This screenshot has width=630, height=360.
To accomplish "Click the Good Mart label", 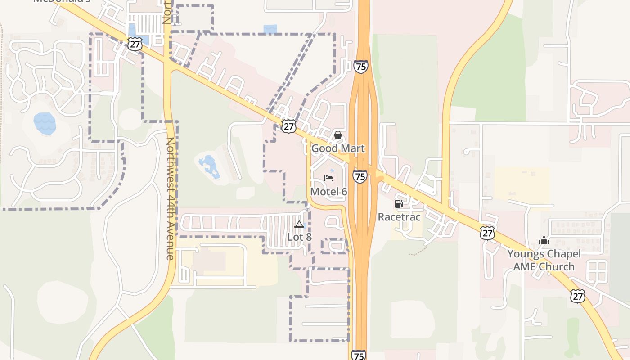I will coord(338,148).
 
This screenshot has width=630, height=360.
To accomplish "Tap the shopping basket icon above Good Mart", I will coord(338,135).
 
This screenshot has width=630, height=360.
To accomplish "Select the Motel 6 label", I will coord(328,192).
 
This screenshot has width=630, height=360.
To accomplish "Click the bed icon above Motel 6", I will coord(328,178).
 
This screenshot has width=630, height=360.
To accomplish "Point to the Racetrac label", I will coord(399,217).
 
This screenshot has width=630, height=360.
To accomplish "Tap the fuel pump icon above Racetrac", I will coord(399,204).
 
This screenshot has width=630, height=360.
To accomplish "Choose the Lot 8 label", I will coord(299,237).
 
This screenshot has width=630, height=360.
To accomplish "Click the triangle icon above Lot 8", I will coord(299,224).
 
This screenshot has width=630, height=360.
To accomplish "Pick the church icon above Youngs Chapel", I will coord(544,241).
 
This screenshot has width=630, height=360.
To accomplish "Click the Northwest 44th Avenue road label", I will coord(170,198).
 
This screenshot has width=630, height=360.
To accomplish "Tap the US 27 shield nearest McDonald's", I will coord(135,44).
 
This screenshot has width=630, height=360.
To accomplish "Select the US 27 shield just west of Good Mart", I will coord(288,126).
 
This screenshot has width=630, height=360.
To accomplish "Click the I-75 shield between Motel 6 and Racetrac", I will coord(360,176).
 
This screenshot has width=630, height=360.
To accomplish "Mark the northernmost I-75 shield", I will coord(360,67).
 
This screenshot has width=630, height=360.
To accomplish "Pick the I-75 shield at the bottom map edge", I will coord(359,355).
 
